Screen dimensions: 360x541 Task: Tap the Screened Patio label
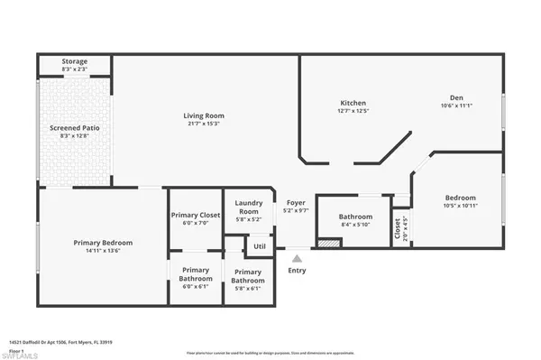74,128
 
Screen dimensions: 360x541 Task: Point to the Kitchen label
353,102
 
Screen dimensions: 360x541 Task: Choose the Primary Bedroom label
103,243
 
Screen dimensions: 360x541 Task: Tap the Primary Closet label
196,215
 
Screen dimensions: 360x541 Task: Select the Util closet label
259,245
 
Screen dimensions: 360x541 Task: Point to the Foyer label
296,203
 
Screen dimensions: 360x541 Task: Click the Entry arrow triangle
297,258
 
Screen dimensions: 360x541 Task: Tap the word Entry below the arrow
297,270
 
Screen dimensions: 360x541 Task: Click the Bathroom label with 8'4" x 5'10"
355,217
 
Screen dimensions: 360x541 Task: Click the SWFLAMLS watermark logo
22,353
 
